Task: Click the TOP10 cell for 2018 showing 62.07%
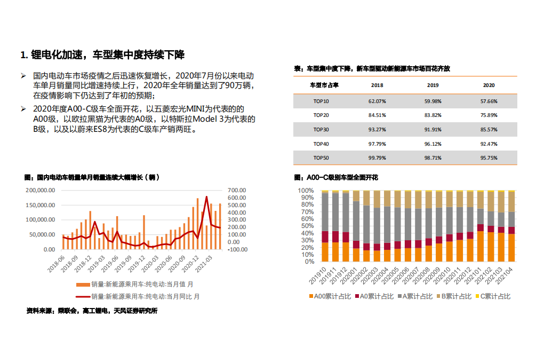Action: tap(377, 100)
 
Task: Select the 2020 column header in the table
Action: tap(489, 85)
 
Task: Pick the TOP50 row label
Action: tap(321, 158)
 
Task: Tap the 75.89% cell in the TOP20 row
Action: tap(489, 115)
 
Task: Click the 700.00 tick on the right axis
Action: tap(236, 190)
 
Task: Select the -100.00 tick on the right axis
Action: tap(236, 249)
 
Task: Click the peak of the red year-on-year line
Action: tap(206, 197)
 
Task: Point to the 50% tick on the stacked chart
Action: tap(306, 226)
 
